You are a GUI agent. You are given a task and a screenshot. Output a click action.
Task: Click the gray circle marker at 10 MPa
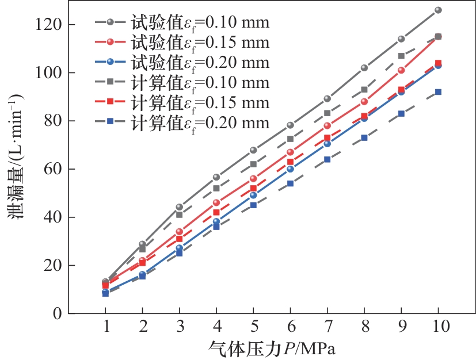438,10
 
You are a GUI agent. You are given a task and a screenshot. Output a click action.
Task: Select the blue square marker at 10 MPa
438,91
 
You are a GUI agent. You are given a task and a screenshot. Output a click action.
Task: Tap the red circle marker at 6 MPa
290,152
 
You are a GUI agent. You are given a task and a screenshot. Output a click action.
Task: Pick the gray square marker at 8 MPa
364,90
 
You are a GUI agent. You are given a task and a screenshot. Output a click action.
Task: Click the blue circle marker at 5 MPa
253,195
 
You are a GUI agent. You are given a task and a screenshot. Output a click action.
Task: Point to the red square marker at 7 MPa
327,138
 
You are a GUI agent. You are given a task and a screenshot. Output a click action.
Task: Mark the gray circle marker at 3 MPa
179,207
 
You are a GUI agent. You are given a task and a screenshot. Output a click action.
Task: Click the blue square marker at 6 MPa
290,183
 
